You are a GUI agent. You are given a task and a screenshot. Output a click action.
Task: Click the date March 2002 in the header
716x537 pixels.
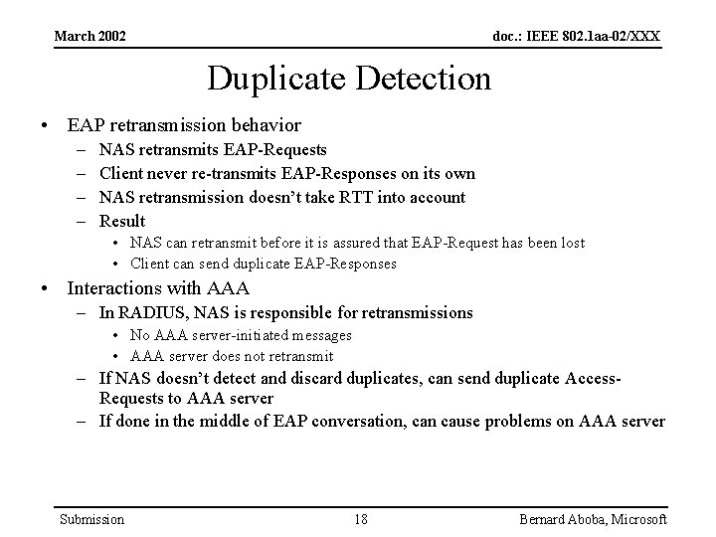click(x=89, y=37)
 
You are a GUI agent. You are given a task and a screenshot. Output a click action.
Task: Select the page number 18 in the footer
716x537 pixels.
click(x=361, y=519)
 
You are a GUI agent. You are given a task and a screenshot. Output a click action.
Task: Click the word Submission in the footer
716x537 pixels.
click(x=91, y=519)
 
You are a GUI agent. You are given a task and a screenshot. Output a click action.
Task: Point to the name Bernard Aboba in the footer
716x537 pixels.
click(x=564, y=519)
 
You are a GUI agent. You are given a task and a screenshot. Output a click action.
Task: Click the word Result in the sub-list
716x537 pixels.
click(x=122, y=221)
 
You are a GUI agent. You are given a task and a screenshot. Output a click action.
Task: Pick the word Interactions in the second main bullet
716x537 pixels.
click(x=112, y=288)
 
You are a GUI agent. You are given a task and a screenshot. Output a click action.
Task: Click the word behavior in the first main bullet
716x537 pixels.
click(x=268, y=125)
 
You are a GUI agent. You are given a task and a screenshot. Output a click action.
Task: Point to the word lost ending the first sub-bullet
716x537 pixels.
click(x=571, y=243)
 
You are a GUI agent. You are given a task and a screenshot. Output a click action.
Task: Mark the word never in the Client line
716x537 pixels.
click(x=171, y=173)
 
